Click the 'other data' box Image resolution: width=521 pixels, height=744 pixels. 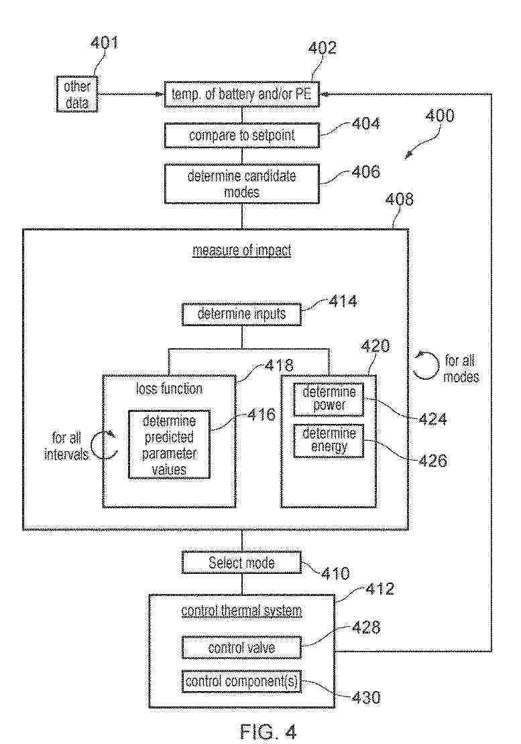coord(77,94)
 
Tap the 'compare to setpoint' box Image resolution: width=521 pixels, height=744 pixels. coord(241,137)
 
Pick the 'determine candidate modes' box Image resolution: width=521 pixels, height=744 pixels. coord(241,183)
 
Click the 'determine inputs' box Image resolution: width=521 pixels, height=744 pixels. coord(241,313)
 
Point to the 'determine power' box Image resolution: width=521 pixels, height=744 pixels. coord(329,400)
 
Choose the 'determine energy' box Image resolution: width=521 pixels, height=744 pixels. coord(329,441)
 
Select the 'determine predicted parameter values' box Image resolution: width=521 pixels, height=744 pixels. coord(169,444)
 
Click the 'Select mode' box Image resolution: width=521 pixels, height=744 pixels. coord(241,563)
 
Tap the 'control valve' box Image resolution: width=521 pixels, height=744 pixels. coord(241,648)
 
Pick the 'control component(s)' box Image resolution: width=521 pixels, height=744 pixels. coord(241,682)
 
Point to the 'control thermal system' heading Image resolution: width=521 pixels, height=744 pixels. coord(241,611)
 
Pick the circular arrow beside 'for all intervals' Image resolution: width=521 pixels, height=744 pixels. coord(105,445)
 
